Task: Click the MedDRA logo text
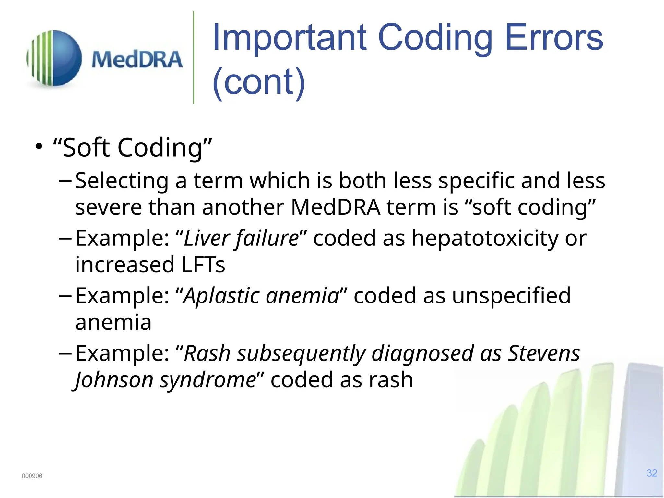point(137,60)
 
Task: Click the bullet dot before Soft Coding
point(39,146)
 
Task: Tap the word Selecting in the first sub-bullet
point(122,181)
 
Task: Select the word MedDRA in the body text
point(335,207)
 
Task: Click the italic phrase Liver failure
point(241,238)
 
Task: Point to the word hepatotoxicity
point(485,239)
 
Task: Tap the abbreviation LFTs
point(203,265)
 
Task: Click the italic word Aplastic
point(221,296)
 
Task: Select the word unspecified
point(511,296)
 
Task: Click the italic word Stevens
point(543,353)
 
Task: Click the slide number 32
point(652,473)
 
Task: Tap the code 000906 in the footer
point(32,476)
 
